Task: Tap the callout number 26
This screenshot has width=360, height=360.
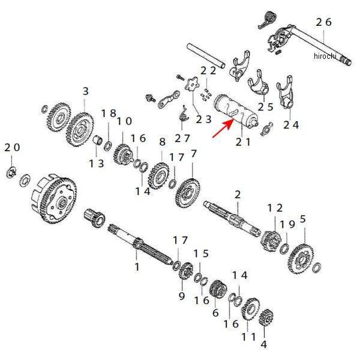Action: coord(323,22)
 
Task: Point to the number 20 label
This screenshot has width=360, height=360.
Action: coord(12,148)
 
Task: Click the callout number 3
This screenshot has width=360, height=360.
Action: coord(85,91)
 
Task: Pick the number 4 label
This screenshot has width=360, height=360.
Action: coord(263,344)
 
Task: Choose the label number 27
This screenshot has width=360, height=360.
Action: coord(182,138)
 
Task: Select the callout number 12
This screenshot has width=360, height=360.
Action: coord(275,208)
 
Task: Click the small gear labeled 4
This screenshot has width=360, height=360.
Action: coord(265,318)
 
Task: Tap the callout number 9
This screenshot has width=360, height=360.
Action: coord(182,295)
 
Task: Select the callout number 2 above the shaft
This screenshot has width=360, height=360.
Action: coord(238,194)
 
